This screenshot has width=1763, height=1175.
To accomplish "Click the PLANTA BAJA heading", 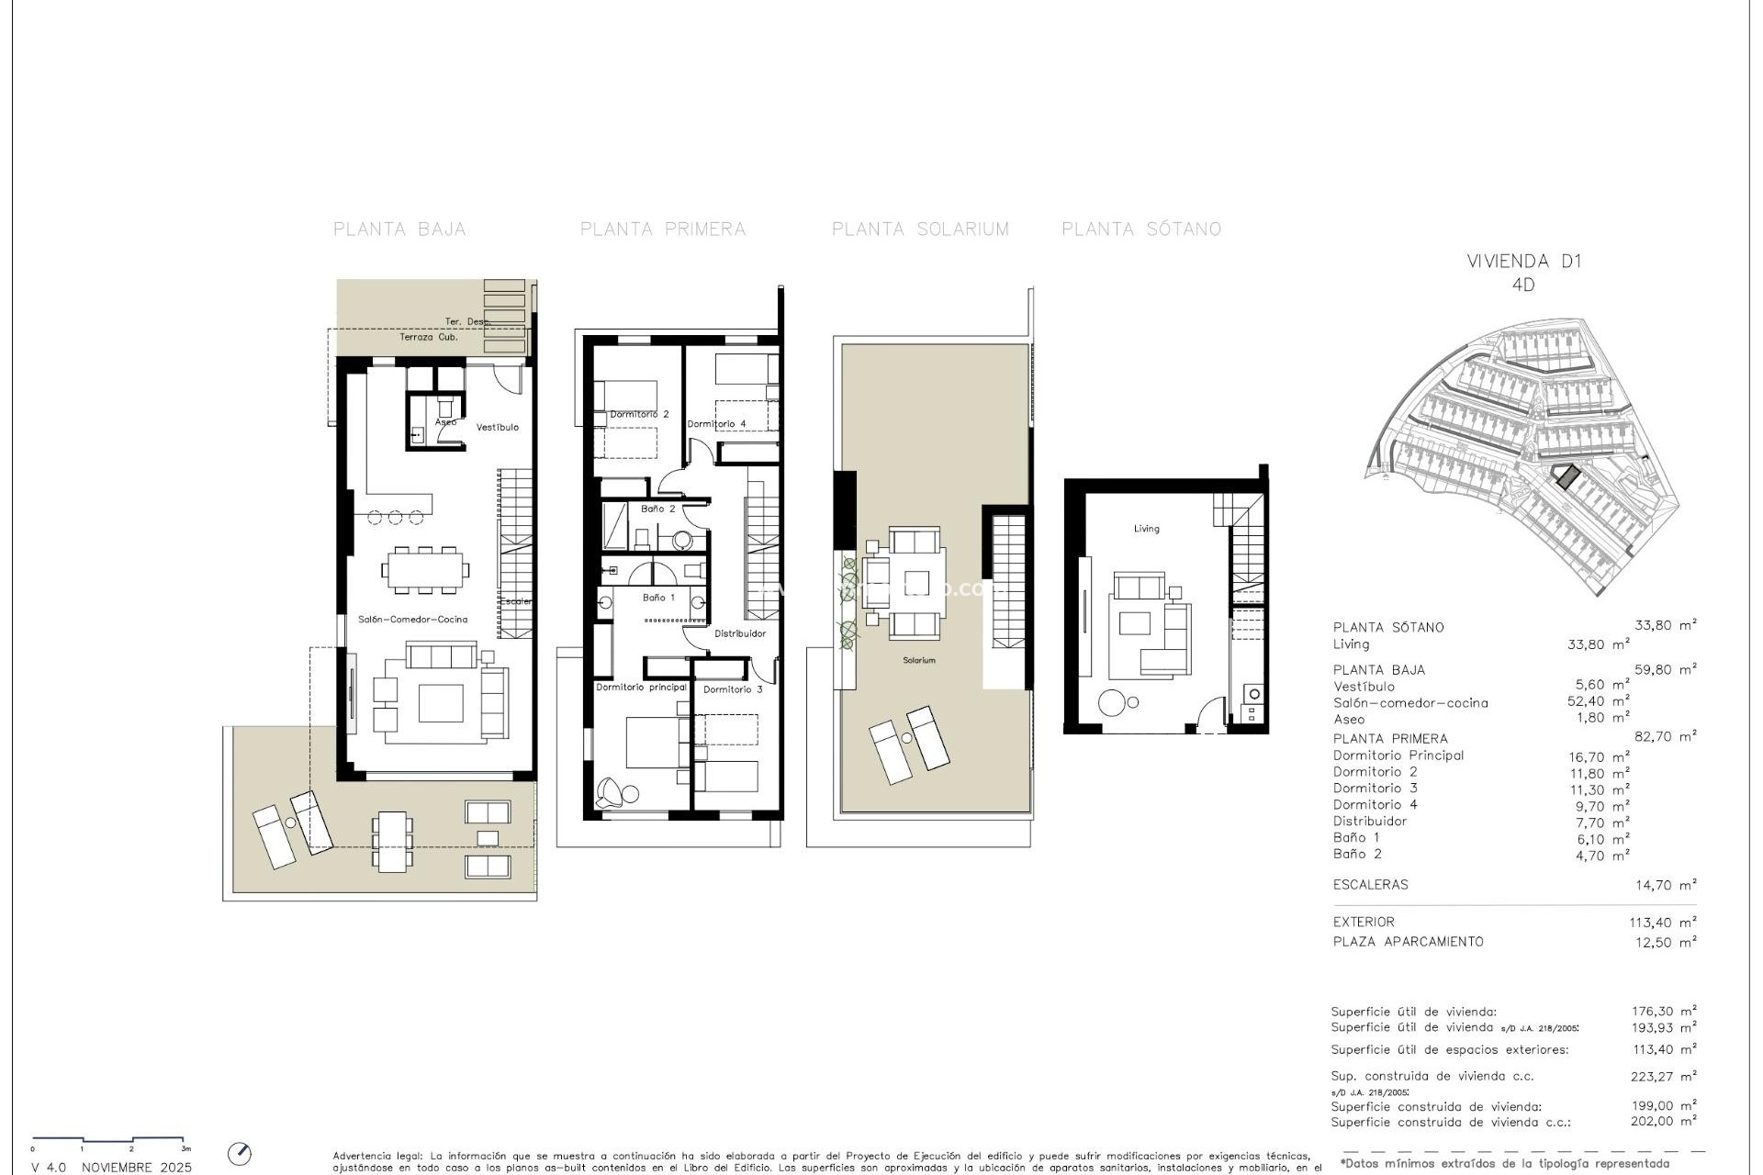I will point(399,229).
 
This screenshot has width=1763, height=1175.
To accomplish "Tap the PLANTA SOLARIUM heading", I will point(920,229).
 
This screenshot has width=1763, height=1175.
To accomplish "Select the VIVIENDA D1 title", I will point(1524,261).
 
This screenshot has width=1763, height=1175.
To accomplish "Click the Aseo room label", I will point(445,422).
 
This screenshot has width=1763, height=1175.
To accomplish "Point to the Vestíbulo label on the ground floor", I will point(497,427).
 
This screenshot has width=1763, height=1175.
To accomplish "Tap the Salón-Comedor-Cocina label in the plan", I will point(413,619).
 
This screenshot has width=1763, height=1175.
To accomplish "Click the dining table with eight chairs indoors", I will point(426,569).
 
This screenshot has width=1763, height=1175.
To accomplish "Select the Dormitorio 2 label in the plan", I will point(639,414).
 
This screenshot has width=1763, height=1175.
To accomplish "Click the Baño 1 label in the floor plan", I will point(658,598).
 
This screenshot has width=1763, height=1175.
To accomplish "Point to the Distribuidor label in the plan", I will point(740,633).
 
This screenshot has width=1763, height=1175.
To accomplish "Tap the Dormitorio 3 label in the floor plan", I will point(733,689).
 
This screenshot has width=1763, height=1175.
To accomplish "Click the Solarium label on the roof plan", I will point(919,660).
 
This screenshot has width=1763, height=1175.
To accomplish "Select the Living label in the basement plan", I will point(1146,529).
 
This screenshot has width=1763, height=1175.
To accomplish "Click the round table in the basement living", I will point(1113,703).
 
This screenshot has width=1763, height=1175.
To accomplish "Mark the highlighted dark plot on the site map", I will point(1566,476).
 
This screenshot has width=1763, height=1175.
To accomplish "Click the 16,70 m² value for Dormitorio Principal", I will point(1599,757).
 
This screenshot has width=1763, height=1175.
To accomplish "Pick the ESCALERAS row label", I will point(1370,885).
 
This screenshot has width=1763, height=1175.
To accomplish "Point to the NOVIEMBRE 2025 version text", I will point(137,1168).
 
